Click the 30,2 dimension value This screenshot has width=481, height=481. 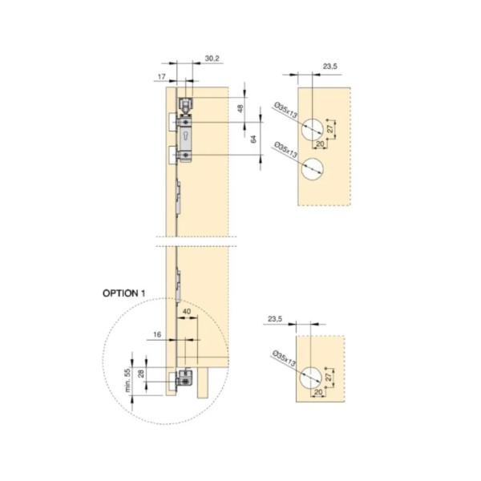pos(212,59)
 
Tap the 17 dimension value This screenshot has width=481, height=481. pos(162,76)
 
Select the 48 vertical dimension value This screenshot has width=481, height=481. pos(240,108)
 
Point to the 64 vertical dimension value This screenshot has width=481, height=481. pos(253,139)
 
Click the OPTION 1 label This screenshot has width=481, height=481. pos(124,293)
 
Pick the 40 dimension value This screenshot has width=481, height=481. pos(187,311)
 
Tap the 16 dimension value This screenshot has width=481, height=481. pos(157,334)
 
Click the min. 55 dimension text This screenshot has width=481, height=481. pos(127,380)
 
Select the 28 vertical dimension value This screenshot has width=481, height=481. pos(141,374)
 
